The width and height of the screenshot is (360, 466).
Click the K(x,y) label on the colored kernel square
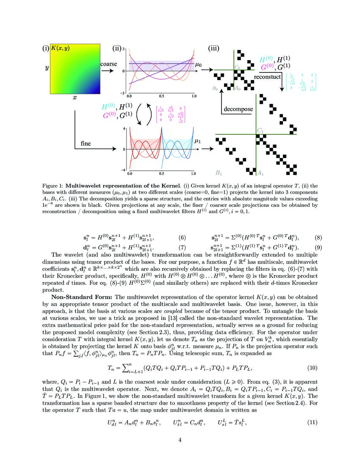pos(60,48)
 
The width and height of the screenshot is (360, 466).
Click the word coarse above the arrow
pos(109,64)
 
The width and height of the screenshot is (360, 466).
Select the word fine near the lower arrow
pos(86,144)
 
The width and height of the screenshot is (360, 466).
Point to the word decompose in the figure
pos(238,109)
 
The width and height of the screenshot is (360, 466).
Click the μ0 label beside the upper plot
pos(199,64)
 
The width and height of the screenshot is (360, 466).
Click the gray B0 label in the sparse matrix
pos(215,89)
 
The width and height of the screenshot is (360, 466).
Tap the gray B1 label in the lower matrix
pos(219,173)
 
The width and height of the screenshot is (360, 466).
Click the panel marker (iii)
pos(213,48)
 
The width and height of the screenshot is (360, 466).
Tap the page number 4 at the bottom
pos(180,440)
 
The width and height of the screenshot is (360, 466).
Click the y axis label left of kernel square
pos(46,68)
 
